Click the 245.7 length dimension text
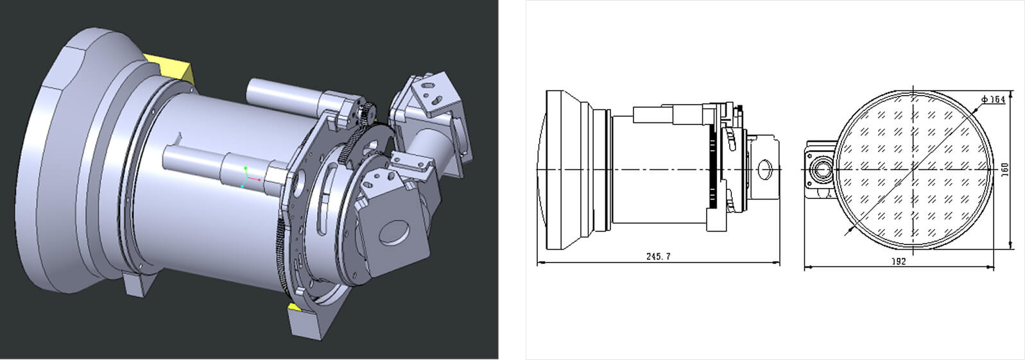[658, 257]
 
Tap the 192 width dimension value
[899, 262]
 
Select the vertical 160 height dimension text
[1005, 170]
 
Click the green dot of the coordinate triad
[246, 168]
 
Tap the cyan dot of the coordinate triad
[242, 187]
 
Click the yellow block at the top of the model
[172, 69]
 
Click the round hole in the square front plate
[395, 232]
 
